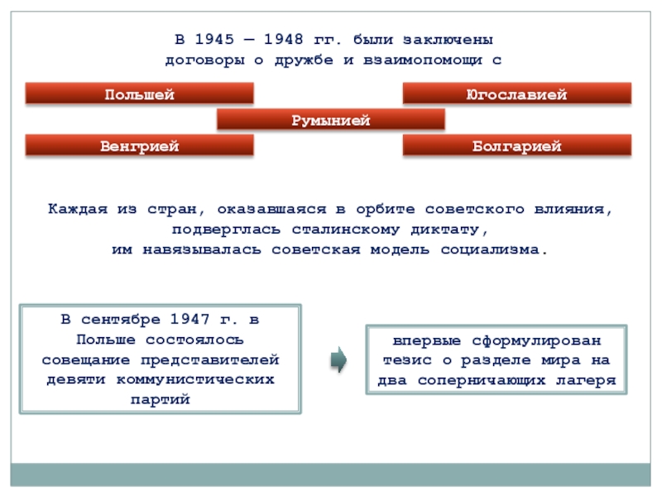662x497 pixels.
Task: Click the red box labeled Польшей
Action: point(139,94)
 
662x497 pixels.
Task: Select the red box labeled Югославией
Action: point(516,94)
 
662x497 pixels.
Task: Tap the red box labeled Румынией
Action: point(330,121)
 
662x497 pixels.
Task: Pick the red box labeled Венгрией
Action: point(139,147)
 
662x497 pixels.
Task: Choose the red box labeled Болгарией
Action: point(516,147)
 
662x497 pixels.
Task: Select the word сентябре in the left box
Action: point(120,319)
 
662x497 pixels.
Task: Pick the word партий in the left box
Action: point(161,399)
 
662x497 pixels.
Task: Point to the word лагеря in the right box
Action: point(589,381)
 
